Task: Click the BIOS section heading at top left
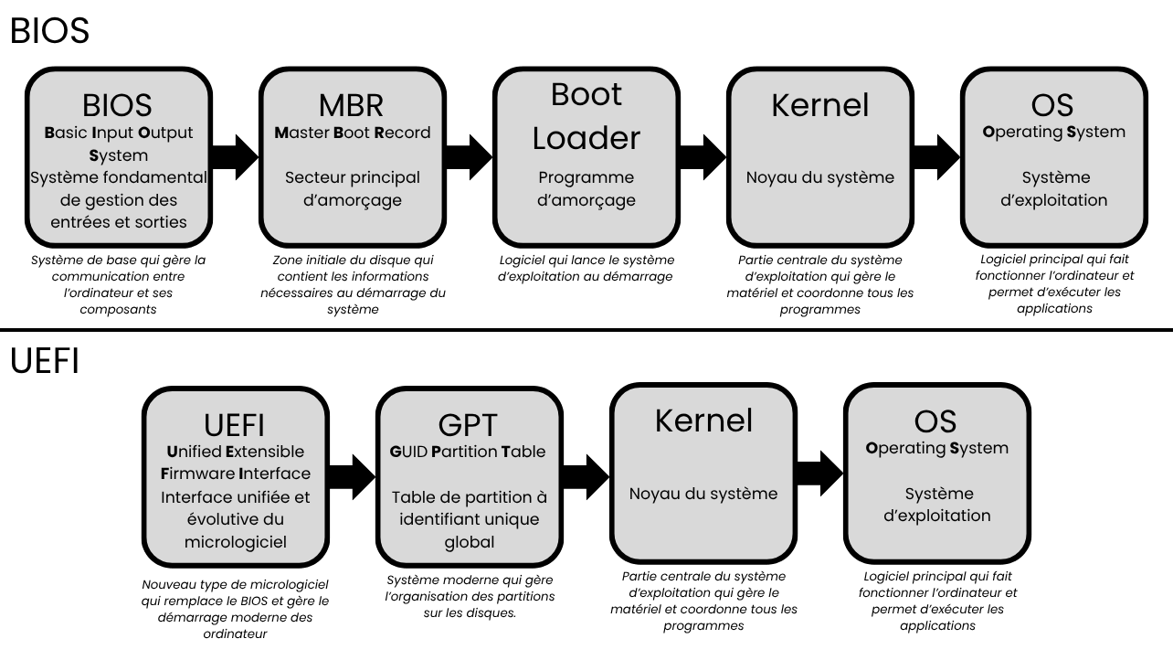49,31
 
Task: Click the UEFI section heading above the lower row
45,361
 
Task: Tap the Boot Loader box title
586,116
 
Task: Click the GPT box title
468,424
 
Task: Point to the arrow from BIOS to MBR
235,157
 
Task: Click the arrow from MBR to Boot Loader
470,157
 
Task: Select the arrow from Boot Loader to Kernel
703,157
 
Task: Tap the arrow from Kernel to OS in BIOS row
936,157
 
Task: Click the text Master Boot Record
352,133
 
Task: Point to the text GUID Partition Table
468,451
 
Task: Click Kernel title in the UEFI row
703,420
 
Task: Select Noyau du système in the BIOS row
819,177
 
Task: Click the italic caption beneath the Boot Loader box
586,268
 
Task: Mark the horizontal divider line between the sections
586,330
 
